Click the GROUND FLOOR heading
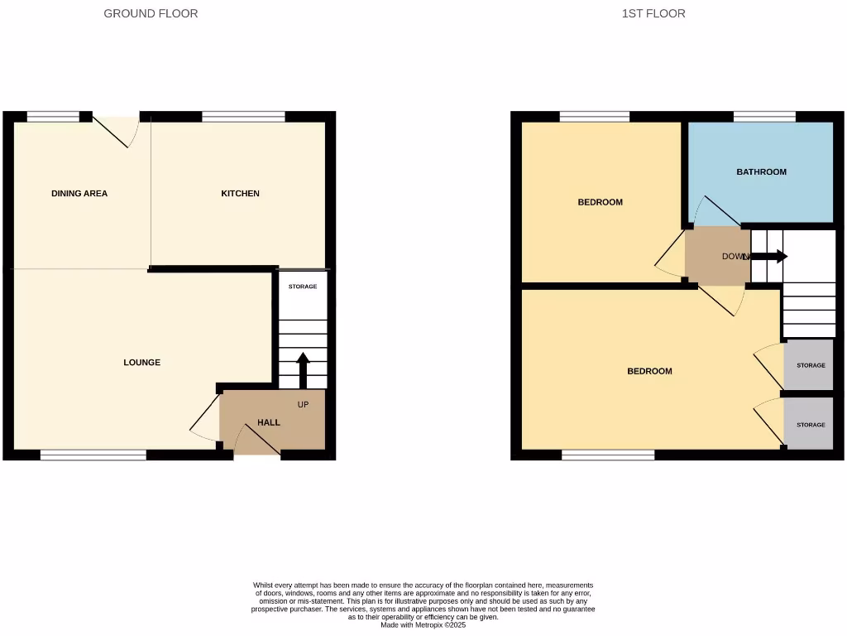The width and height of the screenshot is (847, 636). (151, 13)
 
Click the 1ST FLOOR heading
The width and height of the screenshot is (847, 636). (653, 13)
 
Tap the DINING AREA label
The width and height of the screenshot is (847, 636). (79, 194)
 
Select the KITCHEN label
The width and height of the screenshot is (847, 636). (240, 194)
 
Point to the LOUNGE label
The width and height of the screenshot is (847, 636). (142, 363)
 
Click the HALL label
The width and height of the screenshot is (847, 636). (269, 422)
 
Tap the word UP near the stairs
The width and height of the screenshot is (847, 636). (304, 404)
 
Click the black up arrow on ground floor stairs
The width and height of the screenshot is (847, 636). (303, 369)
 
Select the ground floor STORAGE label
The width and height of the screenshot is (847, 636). (303, 287)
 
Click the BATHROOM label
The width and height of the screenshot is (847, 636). (761, 172)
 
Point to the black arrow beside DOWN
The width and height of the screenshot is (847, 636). (768, 257)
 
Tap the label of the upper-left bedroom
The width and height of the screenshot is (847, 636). (600, 202)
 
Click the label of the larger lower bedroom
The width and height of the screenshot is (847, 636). (649, 371)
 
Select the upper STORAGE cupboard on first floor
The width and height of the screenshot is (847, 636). (810, 365)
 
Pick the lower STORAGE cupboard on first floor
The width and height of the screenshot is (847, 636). (810, 424)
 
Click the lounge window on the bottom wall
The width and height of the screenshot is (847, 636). (93, 454)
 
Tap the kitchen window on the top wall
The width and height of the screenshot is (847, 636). (243, 117)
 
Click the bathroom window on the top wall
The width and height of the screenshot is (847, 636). (764, 117)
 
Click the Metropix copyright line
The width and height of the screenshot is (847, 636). (423, 625)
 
